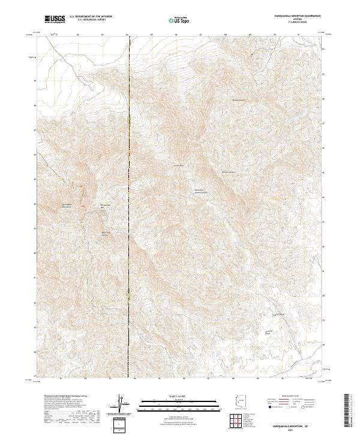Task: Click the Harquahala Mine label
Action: tap(106, 205)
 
